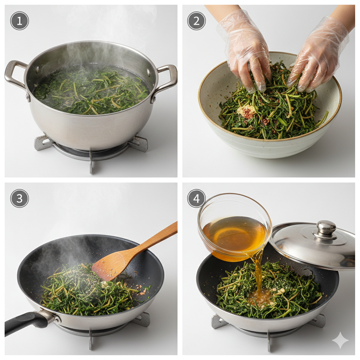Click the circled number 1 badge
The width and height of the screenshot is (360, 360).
coord(20,21)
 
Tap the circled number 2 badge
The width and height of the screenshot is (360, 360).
coord(197,21)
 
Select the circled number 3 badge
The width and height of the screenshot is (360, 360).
coord(20,198)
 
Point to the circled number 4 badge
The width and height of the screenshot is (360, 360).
coord(197,198)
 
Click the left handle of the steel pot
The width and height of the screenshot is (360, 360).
coord(14,73)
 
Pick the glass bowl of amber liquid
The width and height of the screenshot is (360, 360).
coord(234,227)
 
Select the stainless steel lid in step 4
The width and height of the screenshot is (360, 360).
coord(312,245)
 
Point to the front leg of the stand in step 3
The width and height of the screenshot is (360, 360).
coord(91,340)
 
